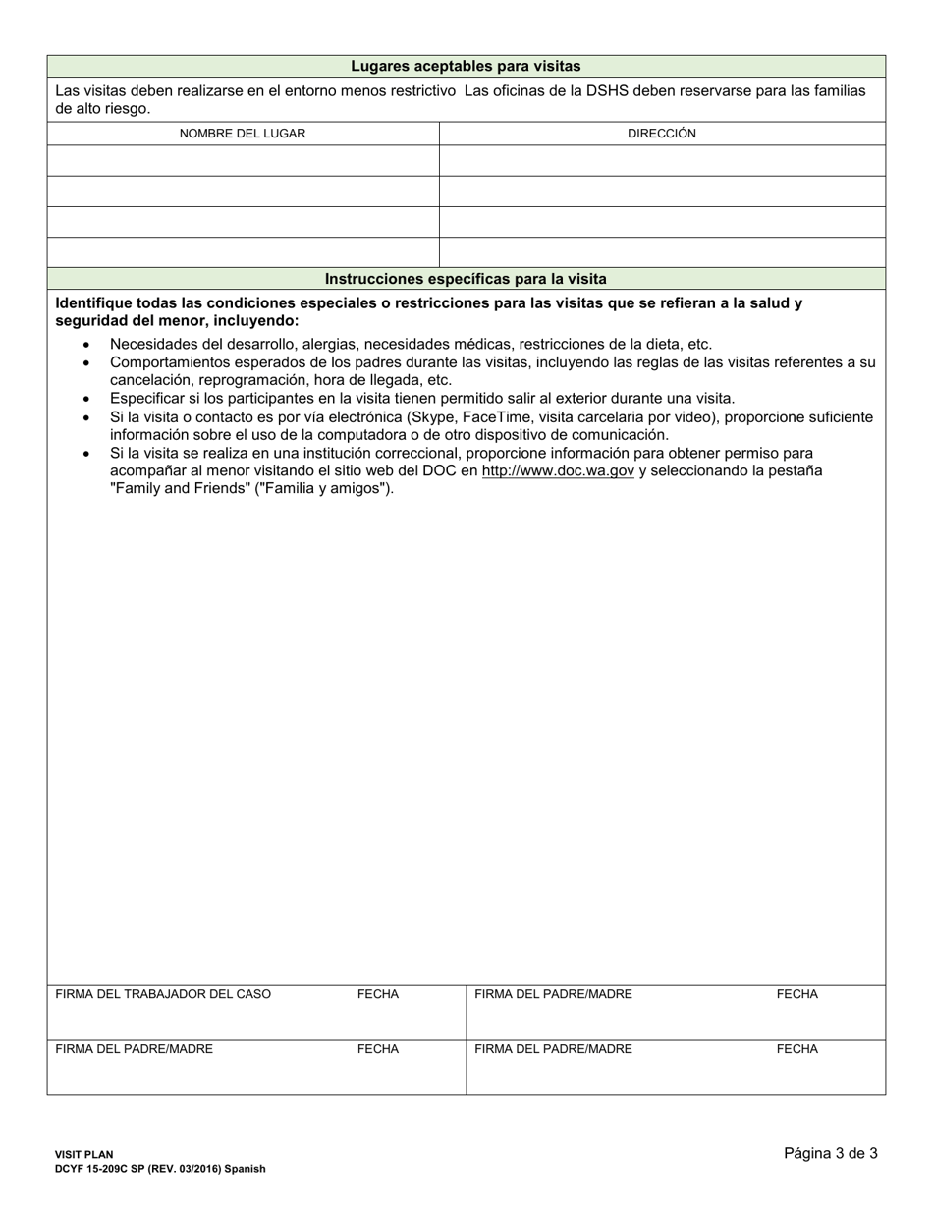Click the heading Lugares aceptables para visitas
466,66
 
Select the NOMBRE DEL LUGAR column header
243,134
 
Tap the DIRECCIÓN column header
662,134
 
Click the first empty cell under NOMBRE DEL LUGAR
243,161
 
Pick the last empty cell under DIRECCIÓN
662,252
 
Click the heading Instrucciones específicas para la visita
466,279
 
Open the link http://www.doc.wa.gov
558,470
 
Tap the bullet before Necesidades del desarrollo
87,345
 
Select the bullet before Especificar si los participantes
87,400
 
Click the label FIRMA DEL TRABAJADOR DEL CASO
163,994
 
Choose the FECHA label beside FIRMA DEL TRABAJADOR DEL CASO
378,994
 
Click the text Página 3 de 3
831,1153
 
